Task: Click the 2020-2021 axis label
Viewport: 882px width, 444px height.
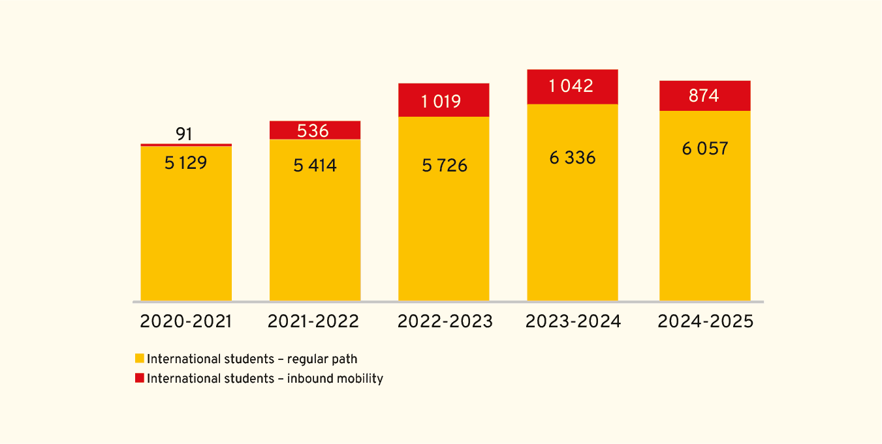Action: click(186, 321)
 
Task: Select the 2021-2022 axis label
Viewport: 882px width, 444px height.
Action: click(313, 321)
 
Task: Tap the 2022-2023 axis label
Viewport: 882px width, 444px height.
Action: click(445, 321)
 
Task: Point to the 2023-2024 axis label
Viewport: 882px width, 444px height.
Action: click(573, 321)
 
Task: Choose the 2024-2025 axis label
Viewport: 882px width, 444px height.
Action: click(705, 321)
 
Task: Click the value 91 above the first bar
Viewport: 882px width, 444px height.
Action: click(184, 134)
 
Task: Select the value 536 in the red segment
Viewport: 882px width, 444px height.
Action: click(313, 131)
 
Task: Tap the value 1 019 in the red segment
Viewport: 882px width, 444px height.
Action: click(441, 102)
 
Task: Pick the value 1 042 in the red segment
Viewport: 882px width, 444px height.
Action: click(571, 86)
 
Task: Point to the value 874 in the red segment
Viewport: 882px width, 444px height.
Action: click(704, 96)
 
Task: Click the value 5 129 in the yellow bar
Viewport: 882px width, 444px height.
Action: click(185, 163)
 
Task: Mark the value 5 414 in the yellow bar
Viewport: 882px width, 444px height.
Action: click(315, 166)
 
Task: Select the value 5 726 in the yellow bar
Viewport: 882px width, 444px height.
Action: click(445, 166)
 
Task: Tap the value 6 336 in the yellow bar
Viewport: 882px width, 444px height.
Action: click(573, 158)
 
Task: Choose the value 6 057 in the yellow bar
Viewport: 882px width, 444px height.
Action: click(705, 149)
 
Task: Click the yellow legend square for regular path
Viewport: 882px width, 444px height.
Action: click(139, 359)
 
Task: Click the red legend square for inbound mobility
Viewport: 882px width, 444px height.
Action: click(139, 378)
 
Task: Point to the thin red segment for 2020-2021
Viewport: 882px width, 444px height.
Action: click(186, 145)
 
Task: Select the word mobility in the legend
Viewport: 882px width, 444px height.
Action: click(359, 379)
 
